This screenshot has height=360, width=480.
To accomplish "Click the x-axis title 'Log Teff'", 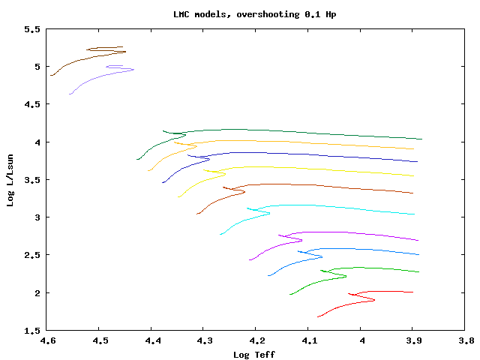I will (x=255, y=354).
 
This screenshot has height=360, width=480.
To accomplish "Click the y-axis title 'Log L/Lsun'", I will (x=10, y=180).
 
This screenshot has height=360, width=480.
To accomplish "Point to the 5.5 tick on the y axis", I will (x=31, y=29).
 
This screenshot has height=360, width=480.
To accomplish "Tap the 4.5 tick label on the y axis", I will (x=31, y=104).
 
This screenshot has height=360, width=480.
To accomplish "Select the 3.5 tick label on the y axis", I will (x=31, y=180).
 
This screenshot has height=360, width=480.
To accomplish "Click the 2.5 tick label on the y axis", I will (x=31, y=255).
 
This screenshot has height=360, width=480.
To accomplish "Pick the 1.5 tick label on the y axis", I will (x=31, y=330).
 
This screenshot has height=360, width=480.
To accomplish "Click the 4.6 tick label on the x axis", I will (x=47, y=340).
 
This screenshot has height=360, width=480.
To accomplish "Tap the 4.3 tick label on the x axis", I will (x=204, y=340).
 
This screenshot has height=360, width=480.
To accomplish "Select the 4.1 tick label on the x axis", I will (x=308, y=340).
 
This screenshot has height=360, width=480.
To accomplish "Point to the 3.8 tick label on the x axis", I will (x=465, y=340).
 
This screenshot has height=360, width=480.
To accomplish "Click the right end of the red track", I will (x=413, y=292).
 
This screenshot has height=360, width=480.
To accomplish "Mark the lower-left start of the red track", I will (x=318, y=316).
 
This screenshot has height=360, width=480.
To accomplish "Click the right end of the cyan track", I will (x=415, y=214).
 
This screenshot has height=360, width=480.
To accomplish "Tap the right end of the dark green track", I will (x=422, y=139).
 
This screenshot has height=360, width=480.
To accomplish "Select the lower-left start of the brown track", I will (x=51, y=75).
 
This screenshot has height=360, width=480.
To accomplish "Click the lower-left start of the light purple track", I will (x=70, y=94).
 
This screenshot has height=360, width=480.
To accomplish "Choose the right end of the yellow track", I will (x=414, y=176).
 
